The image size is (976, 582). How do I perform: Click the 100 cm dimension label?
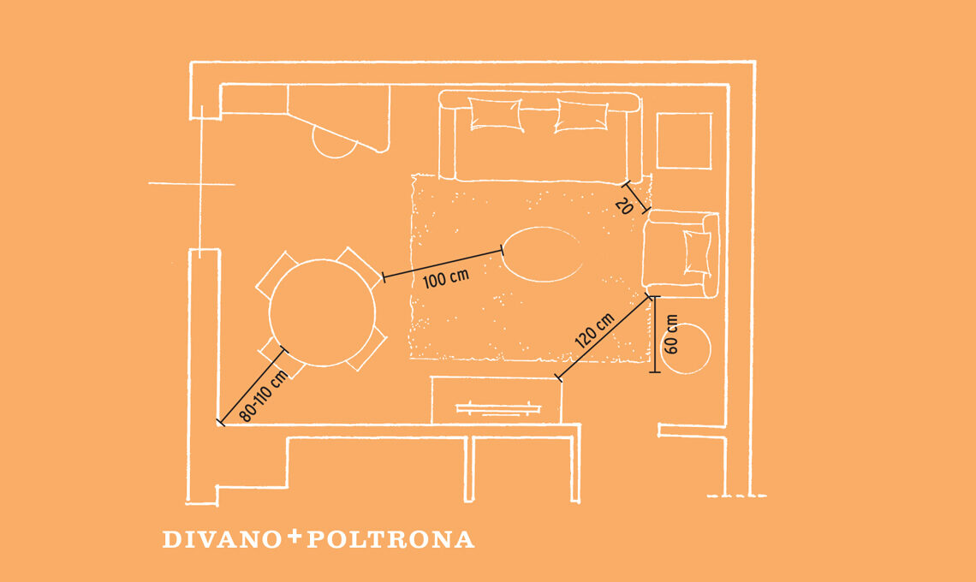click(446, 278)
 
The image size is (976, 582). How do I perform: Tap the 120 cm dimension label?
click(594, 330)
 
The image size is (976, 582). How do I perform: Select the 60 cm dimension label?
click(671, 335)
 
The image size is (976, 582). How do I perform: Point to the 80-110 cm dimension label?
click(264, 395)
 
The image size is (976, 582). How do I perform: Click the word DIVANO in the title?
click(223, 540)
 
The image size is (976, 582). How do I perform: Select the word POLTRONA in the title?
click(391, 540)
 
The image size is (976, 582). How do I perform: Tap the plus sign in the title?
click(295, 536)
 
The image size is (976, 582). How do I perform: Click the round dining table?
click(323, 312)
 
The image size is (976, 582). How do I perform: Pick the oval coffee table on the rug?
click(543, 254)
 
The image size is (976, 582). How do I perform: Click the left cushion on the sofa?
click(496, 114)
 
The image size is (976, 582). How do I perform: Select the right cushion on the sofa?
click(581, 116)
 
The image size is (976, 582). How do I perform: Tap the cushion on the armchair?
click(698, 252)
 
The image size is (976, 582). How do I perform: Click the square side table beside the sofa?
click(684, 140)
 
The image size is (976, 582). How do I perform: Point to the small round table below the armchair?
click(687, 348)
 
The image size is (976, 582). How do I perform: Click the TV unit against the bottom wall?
click(497, 401)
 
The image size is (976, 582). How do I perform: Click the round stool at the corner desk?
click(334, 143)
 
